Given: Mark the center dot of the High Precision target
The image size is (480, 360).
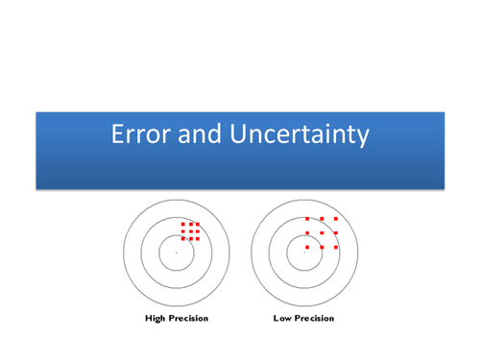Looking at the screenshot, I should coord(177,252).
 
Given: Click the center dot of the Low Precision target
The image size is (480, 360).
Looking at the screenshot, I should coord(304,252).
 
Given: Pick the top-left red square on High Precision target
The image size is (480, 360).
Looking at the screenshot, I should coord(183,225).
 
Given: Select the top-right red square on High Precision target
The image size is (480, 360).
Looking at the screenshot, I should coord(197,225).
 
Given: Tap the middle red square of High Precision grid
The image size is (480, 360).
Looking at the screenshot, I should coord(190,231).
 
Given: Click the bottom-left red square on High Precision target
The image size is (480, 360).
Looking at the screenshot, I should coord(183,238).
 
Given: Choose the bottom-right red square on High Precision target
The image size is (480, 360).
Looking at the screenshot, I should coord(197,238).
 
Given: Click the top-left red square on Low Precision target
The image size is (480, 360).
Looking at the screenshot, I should coord(307,219).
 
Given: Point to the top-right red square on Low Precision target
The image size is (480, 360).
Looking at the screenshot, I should coord(336,219).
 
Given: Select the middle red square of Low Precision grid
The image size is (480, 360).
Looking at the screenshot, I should coord(322,232).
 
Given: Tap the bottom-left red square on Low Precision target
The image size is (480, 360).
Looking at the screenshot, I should coord(307,247).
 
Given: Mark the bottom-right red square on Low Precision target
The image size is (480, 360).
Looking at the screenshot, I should coord(336,247).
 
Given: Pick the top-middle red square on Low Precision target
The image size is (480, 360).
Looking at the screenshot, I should coord(322,219).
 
